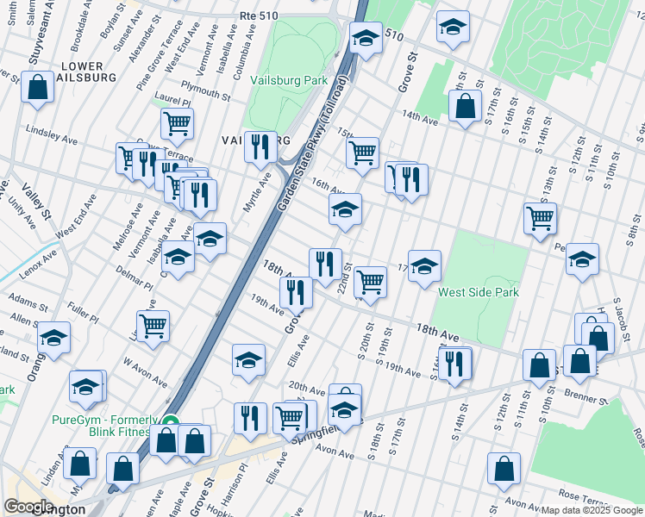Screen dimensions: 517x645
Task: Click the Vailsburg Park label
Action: point(289,80)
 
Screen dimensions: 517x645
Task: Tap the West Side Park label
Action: point(479,293)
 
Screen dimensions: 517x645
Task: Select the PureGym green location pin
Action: point(171,423)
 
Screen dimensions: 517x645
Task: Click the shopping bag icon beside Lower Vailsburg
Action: point(38,87)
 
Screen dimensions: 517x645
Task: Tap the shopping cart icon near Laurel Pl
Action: point(177,122)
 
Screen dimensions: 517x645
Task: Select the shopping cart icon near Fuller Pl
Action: point(153,326)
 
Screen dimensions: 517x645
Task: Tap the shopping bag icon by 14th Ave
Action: point(465,106)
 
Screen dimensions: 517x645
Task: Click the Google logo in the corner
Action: point(30,507)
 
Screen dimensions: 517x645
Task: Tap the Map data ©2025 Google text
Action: point(592,510)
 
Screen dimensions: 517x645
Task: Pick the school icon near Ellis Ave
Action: point(248,358)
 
